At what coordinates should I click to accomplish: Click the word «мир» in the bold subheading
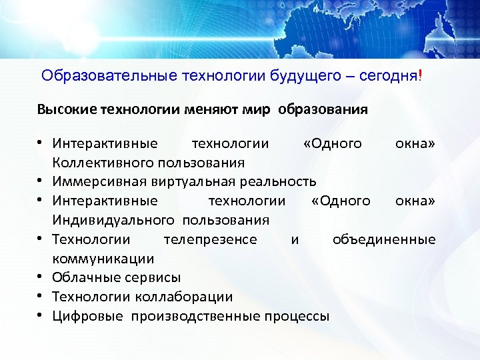pos(257,109)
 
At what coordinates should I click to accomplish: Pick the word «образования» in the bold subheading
pos(323,109)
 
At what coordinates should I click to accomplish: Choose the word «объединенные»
pos(384,239)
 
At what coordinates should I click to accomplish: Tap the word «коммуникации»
pos(103,259)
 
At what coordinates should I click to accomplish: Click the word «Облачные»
pos(83,277)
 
